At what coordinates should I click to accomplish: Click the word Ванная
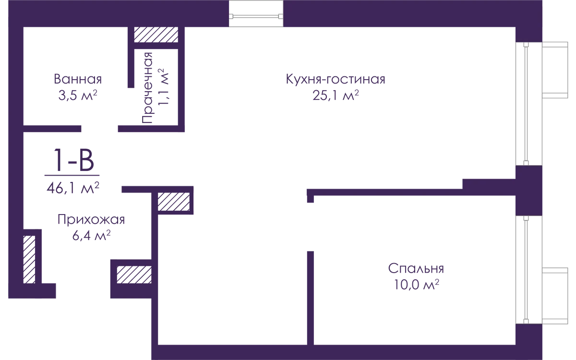[78, 79]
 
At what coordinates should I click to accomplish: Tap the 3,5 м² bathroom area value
[78, 95]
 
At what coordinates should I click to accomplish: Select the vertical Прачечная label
[147, 88]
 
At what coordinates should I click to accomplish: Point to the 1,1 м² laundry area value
[163, 87]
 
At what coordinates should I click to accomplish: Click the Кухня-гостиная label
[336, 79]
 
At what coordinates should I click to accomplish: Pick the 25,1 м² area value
[336, 95]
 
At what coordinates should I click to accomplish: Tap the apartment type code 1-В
[73, 160]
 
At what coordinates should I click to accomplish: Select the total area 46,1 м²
[73, 188]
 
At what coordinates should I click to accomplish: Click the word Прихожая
[91, 220]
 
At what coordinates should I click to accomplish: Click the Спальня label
[416, 268]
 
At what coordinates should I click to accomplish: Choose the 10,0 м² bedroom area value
[416, 285]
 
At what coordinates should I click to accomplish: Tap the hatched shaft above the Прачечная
[156, 35]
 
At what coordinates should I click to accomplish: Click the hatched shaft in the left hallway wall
[29, 260]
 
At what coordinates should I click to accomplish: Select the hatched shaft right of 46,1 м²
[174, 202]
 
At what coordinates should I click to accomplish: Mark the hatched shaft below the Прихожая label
[134, 275]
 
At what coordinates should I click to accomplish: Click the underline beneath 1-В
[72, 175]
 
